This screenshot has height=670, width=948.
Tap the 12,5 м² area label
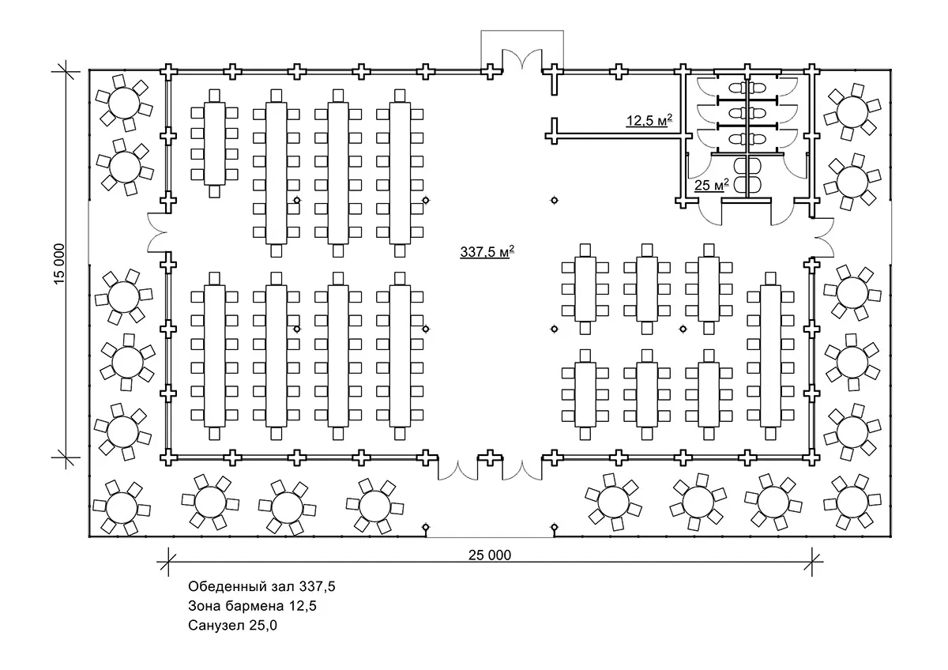pos(649,120)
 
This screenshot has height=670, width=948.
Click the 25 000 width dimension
pos(489,554)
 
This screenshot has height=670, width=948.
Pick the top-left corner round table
pos(124,103)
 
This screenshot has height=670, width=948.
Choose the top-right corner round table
pos(851,107)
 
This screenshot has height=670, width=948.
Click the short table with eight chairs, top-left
pos(214,142)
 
